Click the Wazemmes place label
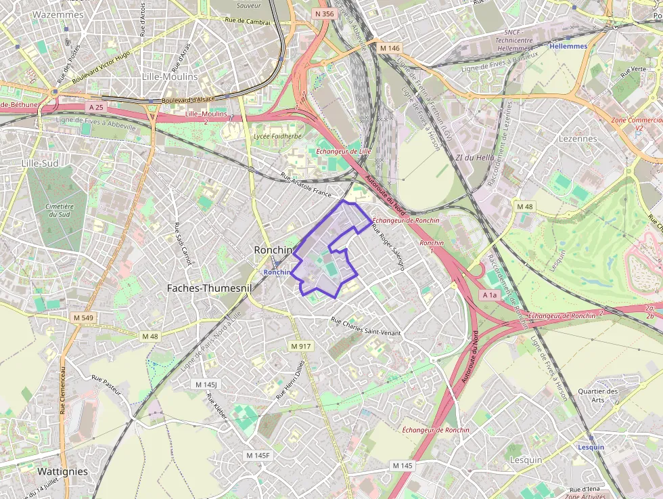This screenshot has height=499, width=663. (58, 14)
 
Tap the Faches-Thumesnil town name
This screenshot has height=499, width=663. (209, 288)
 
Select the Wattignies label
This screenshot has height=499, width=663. (62, 471)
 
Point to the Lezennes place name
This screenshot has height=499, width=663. (578, 138)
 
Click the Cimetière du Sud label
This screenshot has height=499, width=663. (60, 210)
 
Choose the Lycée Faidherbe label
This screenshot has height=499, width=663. (277, 135)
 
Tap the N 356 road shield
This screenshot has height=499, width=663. (325, 14)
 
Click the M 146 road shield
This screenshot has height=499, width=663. (390, 48)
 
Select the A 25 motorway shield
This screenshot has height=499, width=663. (95, 107)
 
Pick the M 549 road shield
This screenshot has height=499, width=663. (83, 318)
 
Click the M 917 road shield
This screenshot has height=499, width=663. (300, 346)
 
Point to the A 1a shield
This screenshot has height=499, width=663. (490, 295)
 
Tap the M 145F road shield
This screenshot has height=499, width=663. (258, 455)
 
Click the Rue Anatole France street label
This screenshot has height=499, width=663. (306, 186)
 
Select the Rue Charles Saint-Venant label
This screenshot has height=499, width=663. (365, 326)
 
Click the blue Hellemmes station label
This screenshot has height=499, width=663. (568, 46)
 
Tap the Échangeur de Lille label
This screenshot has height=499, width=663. (344, 151)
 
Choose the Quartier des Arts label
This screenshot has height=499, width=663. (598, 395)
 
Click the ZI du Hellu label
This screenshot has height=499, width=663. (474, 158)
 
